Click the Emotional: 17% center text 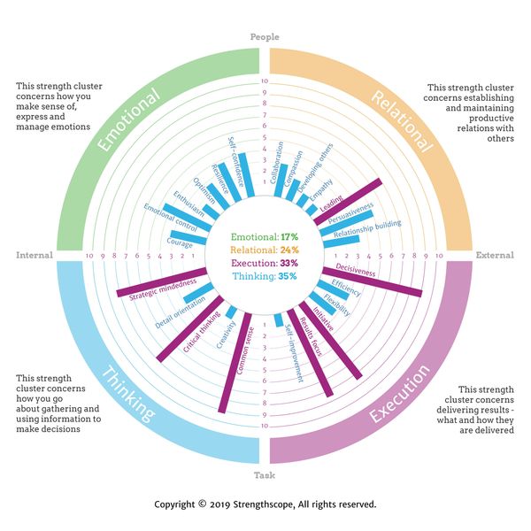265,237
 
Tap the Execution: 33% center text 265,263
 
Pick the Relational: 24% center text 265,250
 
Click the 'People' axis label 265,37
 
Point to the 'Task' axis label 265,475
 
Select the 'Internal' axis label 35,256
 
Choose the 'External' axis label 495,256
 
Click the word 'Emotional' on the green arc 131,120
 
